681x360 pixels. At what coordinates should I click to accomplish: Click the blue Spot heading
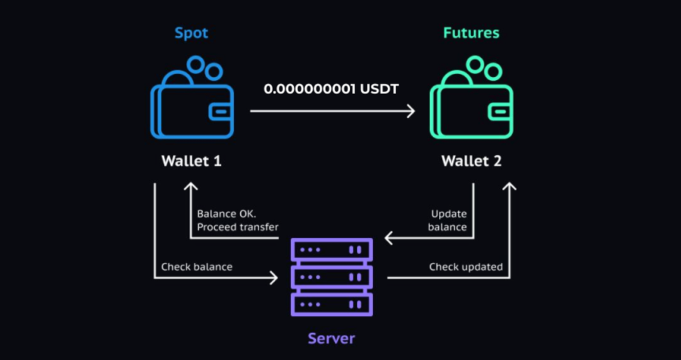[192, 33]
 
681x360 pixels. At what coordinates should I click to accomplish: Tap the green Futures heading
[471, 33]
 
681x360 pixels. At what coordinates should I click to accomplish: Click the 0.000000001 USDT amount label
[331, 89]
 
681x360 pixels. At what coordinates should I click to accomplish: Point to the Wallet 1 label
[192, 161]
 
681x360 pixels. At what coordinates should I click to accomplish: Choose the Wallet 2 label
[471, 161]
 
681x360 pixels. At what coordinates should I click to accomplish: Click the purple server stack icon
[332, 277]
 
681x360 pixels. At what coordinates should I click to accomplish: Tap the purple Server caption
[332, 339]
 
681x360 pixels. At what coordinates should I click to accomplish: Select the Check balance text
[197, 267]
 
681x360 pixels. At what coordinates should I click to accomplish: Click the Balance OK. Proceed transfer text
[238, 220]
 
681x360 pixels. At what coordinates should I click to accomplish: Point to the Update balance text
[448, 220]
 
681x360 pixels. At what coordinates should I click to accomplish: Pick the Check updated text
[466, 267]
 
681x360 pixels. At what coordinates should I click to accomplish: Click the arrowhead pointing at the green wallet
[411, 112]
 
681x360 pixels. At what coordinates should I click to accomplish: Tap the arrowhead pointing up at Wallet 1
[190, 187]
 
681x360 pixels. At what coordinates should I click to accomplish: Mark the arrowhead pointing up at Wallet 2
[510, 187]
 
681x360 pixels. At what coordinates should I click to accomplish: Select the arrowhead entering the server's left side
[274, 277]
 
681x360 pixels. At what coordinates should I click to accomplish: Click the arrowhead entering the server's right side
[389, 238]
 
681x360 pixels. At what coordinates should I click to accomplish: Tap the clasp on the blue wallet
[218, 112]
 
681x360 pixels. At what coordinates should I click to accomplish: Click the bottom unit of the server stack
[332, 305]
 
